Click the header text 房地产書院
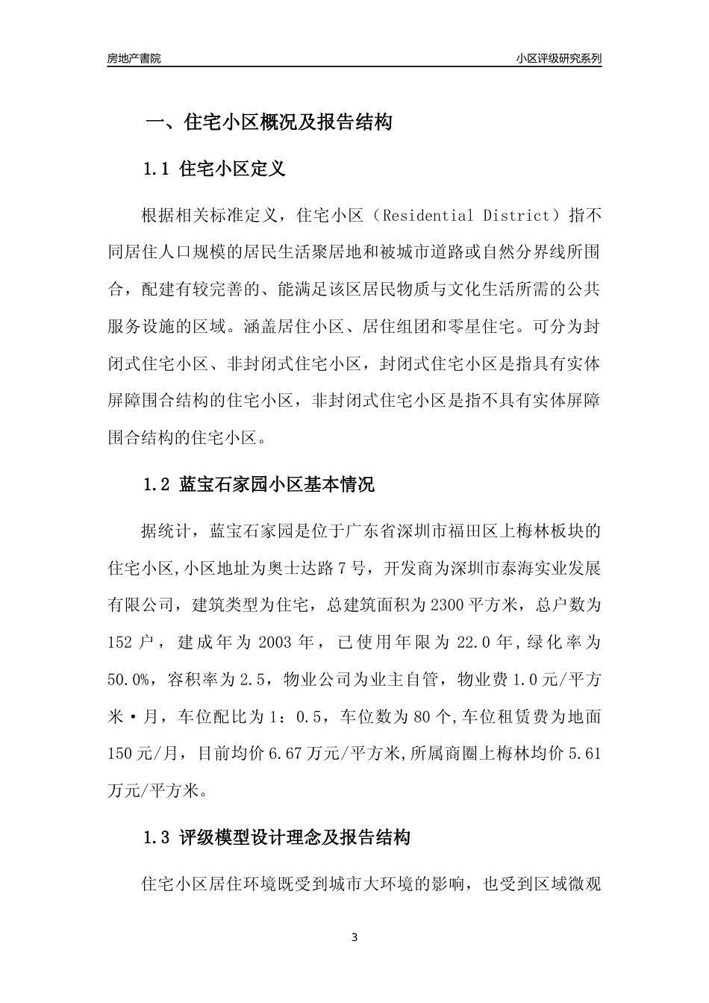[134, 58]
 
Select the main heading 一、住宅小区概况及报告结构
[268, 122]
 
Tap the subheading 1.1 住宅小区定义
[214, 169]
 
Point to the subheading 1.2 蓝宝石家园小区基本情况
[258, 485]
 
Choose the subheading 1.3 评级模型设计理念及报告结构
[276, 837]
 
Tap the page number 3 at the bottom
[354, 937]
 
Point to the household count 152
[121, 642]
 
